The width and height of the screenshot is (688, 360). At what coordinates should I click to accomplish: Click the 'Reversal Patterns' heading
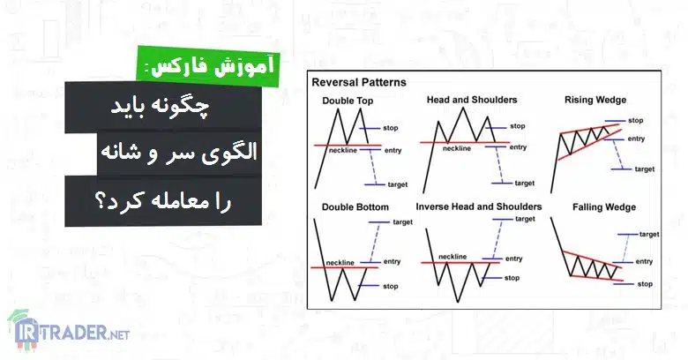click(359, 83)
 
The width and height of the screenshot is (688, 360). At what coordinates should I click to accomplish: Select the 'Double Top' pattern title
click(348, 101)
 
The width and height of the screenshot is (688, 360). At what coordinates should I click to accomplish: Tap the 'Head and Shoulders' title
click(472, 100)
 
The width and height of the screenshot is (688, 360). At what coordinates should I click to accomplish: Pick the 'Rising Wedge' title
click(595, 100)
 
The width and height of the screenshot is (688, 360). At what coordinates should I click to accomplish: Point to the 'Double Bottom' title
click(355, 207)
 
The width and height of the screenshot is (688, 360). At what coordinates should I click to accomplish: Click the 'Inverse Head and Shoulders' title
click(479, 206)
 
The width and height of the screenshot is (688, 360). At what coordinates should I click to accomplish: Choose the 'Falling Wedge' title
click(603, 207)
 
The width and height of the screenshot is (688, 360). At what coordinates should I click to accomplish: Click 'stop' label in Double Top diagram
click(391, 128)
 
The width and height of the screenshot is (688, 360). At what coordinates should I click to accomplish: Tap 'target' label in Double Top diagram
click(398, 184)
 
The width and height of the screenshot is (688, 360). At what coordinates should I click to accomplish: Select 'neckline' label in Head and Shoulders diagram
click(456, 149)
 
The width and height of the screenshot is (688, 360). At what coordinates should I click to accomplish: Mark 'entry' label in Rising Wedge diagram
click(636, 139)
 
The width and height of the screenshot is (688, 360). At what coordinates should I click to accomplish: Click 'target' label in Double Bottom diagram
click(402, 222)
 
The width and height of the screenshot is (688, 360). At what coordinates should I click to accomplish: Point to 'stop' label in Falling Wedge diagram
click(645, 284)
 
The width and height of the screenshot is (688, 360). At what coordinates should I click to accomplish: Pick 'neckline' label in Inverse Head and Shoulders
click(452, 257)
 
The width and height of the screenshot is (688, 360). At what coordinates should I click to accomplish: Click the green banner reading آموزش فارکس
click(208, 67)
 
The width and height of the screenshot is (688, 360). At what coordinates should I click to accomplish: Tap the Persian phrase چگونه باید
click(161, 108)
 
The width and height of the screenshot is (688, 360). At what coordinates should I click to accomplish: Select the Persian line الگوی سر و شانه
click(179, 152)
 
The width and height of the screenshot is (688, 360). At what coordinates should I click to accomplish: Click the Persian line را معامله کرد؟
click(163, 201)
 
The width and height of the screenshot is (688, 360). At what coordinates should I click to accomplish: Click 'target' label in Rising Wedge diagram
click(645, 169)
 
